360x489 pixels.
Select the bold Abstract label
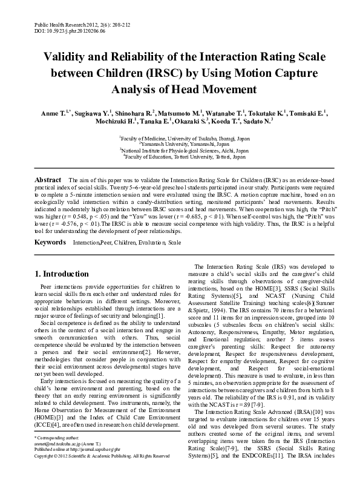pos(48,180)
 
